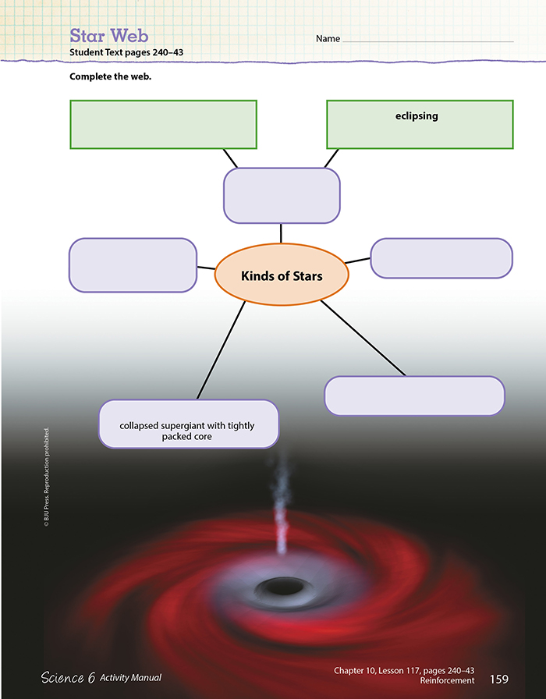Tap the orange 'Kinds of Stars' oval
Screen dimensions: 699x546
(281, 276)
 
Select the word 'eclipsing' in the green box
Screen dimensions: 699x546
(417, 116)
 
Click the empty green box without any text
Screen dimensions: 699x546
(163, 124)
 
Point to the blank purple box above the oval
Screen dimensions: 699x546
(282, 195)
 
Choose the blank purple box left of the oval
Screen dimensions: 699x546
(133, 265)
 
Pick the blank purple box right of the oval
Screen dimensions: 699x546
(441, 258)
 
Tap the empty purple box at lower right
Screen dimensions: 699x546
(414, 396)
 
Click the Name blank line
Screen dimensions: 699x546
(427, 40)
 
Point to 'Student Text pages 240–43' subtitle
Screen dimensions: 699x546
(126, 52)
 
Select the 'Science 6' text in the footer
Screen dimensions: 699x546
(68, 678)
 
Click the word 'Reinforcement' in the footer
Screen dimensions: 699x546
(448, 681)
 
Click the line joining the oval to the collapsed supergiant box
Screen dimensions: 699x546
(221, 350)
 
